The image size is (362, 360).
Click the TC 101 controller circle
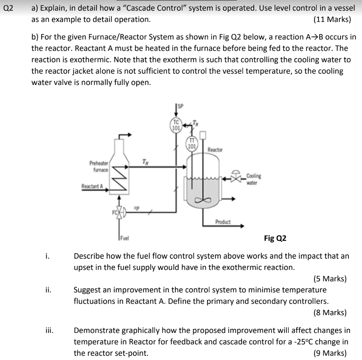pyautogui.click(x=176, y=126)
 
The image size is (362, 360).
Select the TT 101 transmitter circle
pyautogui.click(x=191, y=143)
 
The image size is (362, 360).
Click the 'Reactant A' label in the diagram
pyautogui.click(x=92, y=186)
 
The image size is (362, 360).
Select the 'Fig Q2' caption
pyautogui.click(x=275, y=238)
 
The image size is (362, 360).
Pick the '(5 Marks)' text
pyautogui.click(x=330, y=279)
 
